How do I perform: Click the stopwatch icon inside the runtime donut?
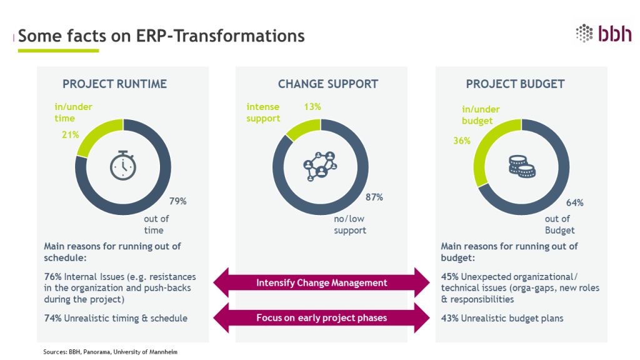[x=123, y=165]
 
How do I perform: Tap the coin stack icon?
[x=522, y=167]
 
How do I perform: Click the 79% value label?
[x=178, y=201]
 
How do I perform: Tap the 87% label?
[x=374, y=197]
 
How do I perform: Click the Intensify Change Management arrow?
[x=321, y=282]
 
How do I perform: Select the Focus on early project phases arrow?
[x=321, y=317]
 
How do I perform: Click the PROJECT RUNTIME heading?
[x=114, y=84]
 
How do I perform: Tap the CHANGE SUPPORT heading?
[x=327, y=84]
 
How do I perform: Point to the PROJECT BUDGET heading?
[x=515, y=84]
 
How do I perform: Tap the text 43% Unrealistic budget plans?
[x=502, y=318]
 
